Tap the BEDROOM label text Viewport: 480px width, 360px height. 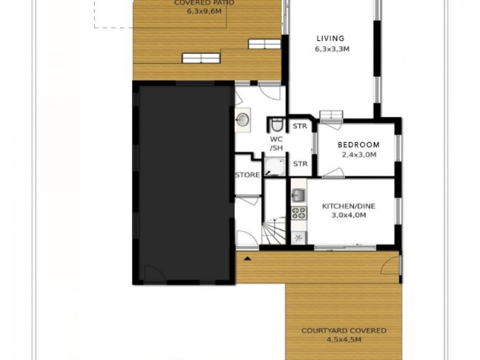[358, 145]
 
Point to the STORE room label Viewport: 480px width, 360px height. [247, 175]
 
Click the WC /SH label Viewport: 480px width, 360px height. [276, 144]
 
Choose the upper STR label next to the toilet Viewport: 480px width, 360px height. [299, 127]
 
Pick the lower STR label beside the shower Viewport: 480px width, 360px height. [299, 163]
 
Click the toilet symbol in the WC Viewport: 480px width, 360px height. [277, 125]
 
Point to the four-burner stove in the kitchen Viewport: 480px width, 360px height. [298, 212]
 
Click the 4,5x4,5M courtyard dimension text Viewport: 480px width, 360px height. [343, 340]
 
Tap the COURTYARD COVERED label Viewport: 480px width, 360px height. [344, 331]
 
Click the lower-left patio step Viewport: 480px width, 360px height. [201, 58]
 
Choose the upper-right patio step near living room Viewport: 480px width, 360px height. [263, 43]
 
